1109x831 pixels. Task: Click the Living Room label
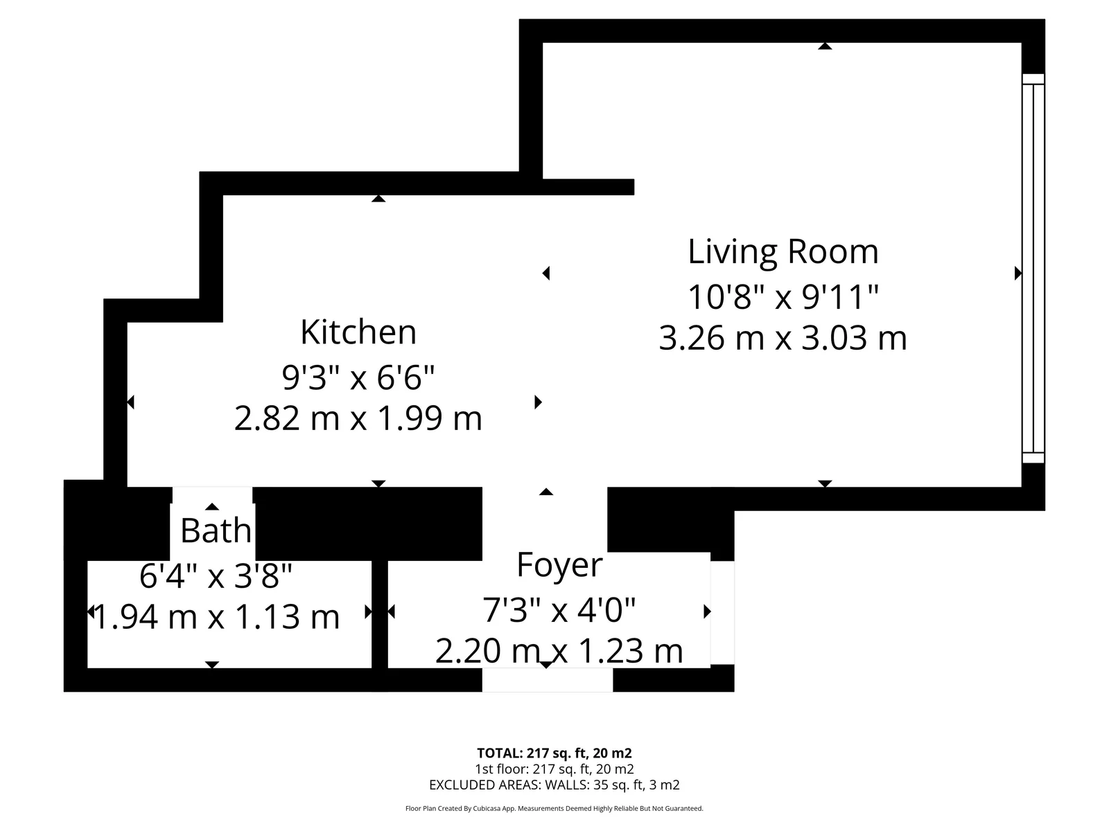pos(783,252)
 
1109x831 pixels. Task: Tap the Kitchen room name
pos(358,332)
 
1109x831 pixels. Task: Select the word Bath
pos(216,530)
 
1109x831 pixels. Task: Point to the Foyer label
pos(559,565)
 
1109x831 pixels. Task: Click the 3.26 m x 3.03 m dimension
pos(783,338)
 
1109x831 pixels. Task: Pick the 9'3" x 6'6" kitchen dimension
pos(358,377)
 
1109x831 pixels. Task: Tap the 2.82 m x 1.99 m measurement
pos(358,419)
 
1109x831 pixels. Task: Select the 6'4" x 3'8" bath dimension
pos(216,576)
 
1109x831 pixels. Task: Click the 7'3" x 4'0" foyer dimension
pos(559,610)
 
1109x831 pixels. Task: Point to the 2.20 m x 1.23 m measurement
pos(559,652)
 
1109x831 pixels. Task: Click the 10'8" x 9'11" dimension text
pos(783,296)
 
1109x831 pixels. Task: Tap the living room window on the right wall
pos(1033,269)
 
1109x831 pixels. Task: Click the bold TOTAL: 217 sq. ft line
pos(554,753)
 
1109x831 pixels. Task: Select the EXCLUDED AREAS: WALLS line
pos(554,785)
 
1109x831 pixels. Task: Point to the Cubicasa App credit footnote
pos(554,808)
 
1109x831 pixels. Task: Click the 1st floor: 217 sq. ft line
pos(554,769)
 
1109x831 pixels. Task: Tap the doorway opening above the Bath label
pos(212,495)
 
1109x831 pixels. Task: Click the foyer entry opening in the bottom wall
pos(548,679)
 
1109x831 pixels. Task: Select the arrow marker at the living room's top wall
pos(825,46)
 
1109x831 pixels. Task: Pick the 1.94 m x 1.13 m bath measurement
pos(216,617)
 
